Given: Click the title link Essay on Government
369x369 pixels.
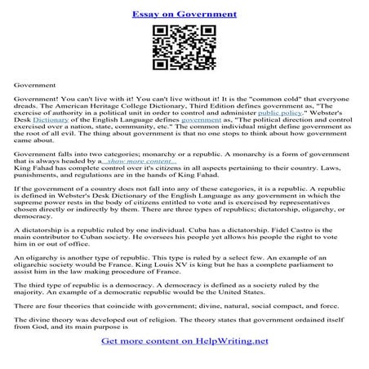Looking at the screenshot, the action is pos(184,14).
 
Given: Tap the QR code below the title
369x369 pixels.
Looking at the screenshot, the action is pos(184,49).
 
